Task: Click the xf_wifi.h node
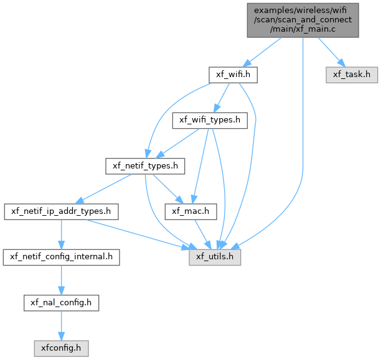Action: (233, 75)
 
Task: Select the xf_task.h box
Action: (352, 75)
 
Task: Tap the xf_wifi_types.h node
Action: (210, 121)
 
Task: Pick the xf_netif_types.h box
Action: (145, 166)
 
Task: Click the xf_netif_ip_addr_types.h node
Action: (61, 211)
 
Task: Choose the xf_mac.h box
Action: (190, 211)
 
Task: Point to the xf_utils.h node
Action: (215, 257)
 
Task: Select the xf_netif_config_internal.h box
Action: (61, 257)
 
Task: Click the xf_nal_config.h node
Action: (61, 303)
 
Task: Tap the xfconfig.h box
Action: (61, 348)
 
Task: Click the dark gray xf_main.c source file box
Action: (303, 21)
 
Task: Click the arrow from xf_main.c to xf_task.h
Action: (332, 52)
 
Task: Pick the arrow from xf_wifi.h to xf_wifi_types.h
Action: (222, 98)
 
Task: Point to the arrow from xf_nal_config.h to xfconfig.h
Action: (61, 326)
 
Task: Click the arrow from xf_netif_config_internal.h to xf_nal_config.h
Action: (61, 280)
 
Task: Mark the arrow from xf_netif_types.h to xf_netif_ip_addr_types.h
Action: (103, 189)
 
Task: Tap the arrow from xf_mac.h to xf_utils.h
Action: (203, 234)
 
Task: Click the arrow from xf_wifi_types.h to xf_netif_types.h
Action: (177, 143)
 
